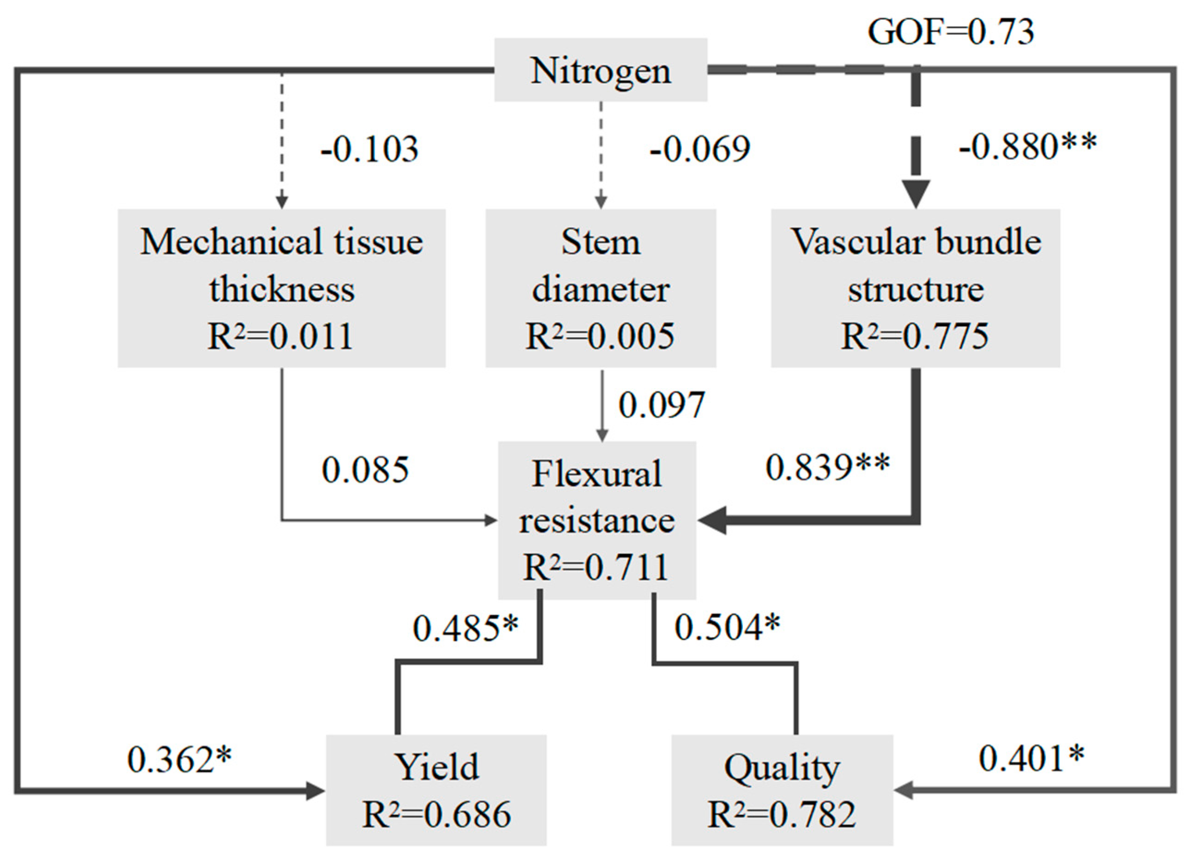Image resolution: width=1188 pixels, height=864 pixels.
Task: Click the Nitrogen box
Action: (600, 70)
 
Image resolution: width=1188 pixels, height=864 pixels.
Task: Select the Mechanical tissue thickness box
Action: (281, 288)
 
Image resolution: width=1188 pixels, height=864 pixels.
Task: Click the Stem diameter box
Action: (600, 288)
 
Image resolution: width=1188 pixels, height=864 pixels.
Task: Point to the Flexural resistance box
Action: (597, 520)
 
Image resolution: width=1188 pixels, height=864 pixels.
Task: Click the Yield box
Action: (436, 790)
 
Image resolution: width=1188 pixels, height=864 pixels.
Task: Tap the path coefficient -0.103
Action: (369, 149)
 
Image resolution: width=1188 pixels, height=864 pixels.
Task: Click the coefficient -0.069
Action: (700, 149)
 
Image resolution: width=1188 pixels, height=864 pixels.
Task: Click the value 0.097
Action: (662, 405)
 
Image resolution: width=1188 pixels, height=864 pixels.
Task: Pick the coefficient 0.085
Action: (365, 470)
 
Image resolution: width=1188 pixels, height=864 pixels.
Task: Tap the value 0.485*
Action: (465, 628)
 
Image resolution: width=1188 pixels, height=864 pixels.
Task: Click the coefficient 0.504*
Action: (727, 627)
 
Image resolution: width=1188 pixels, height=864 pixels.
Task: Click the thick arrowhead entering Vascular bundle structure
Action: (916, 194)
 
